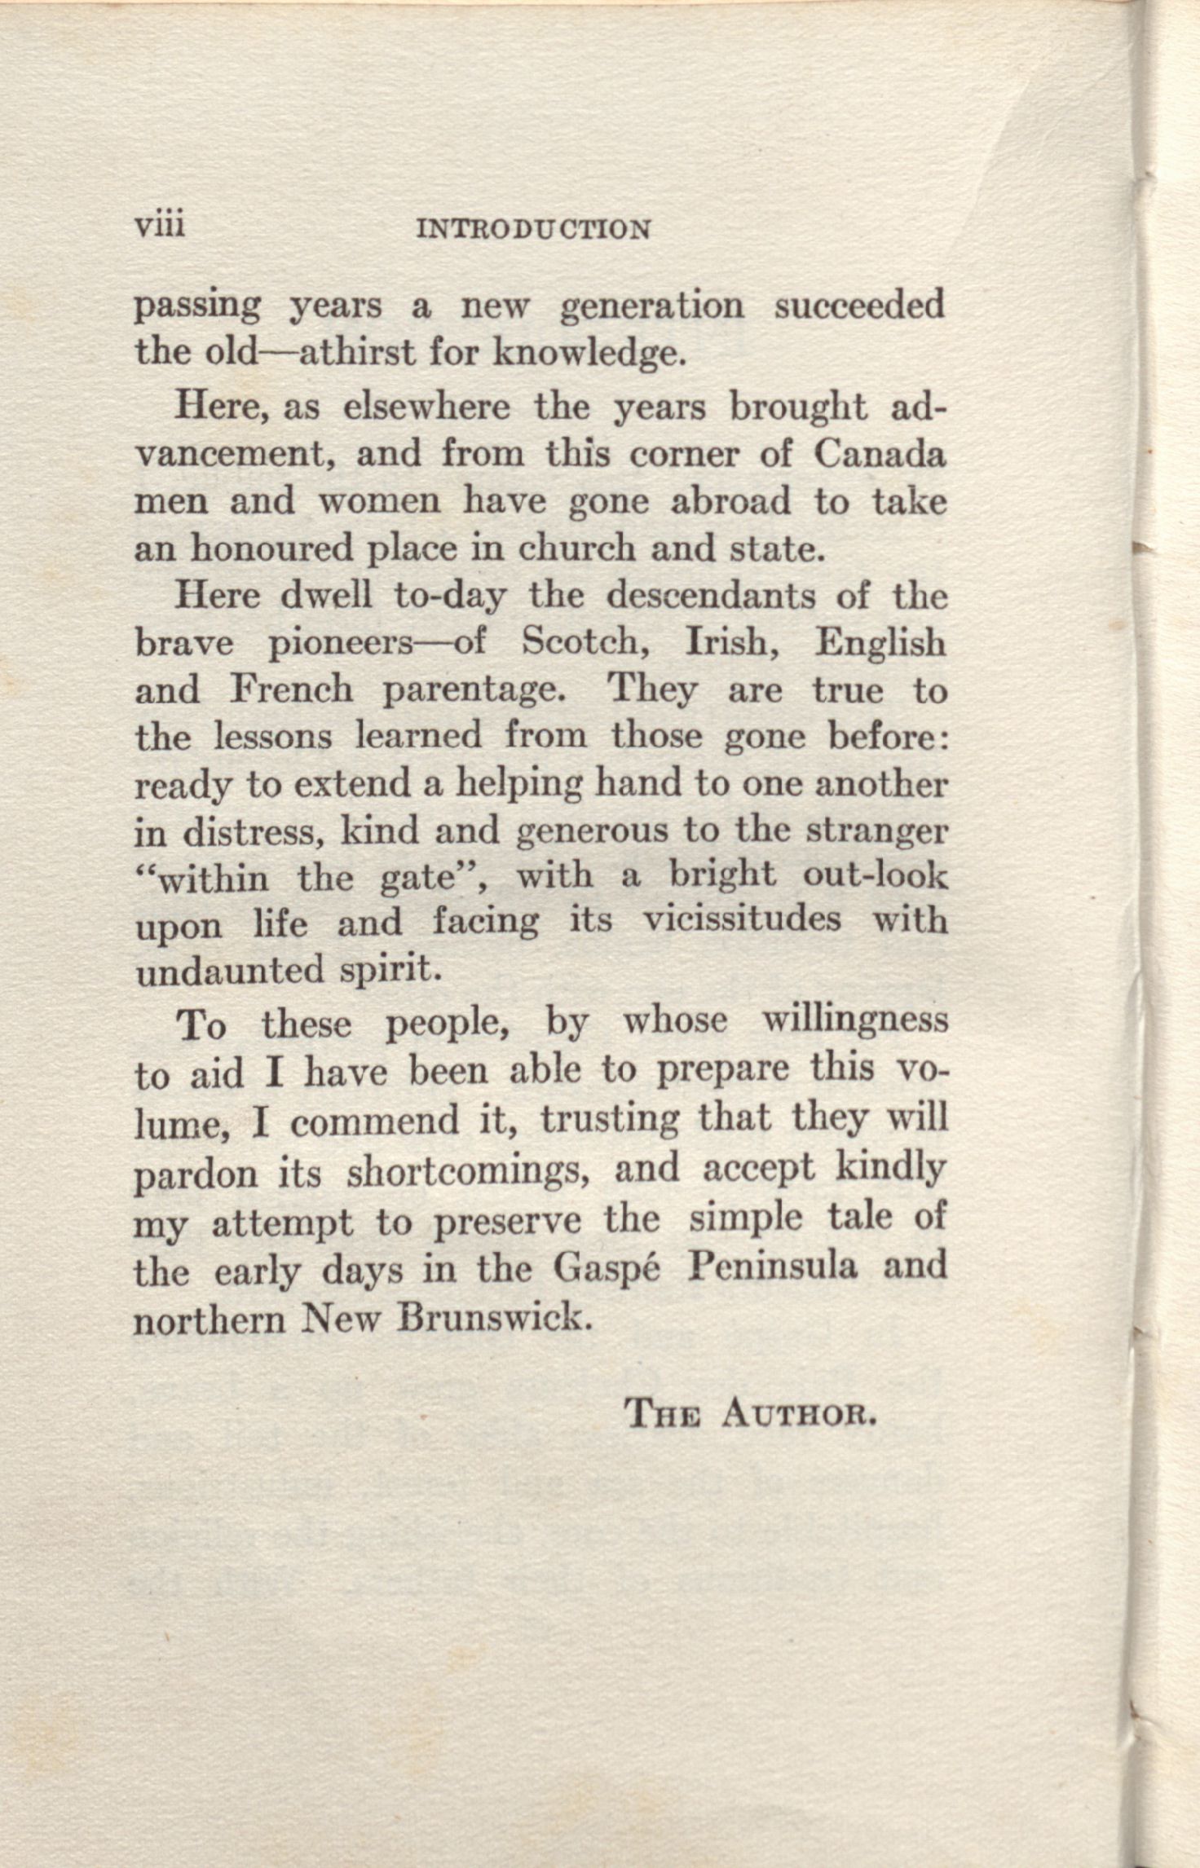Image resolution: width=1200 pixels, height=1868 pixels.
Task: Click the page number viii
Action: point(160,224)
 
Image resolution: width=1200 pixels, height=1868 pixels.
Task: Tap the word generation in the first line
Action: point(652,308)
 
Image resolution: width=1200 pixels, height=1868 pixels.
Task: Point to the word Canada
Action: point(880,454)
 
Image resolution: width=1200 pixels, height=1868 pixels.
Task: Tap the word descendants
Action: point(710,596)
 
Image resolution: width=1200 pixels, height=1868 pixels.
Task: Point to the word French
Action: point(291,690)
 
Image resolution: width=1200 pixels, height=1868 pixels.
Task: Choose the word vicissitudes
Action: point(742,922)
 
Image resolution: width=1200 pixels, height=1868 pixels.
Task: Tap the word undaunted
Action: point(229,971)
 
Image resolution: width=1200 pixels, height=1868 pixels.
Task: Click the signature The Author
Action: point(749,1413)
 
